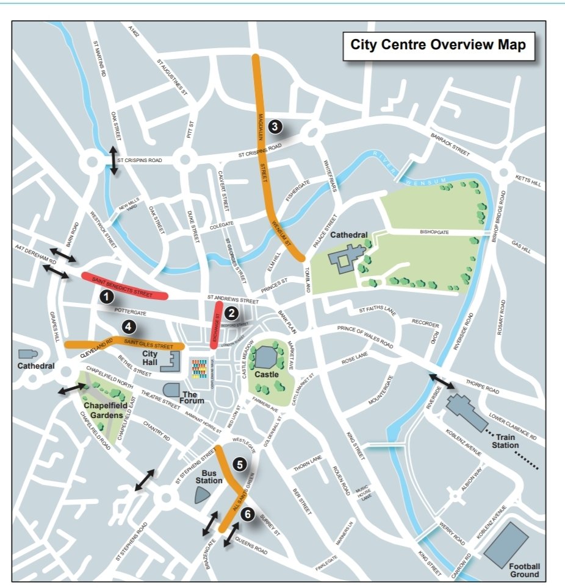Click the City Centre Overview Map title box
coord(438,45)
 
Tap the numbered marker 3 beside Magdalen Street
coord(275,127)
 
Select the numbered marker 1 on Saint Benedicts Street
coord(107,297)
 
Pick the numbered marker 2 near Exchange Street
coord(231,313)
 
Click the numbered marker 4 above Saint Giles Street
coord(128,325)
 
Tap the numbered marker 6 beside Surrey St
coord(247,514)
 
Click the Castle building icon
coord(267,355)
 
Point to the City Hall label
coord(150,358)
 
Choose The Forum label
coord(193,397)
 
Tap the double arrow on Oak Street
coord(113,160)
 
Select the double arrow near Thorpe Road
coord(441,381)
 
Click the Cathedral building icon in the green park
coord(345,258)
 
